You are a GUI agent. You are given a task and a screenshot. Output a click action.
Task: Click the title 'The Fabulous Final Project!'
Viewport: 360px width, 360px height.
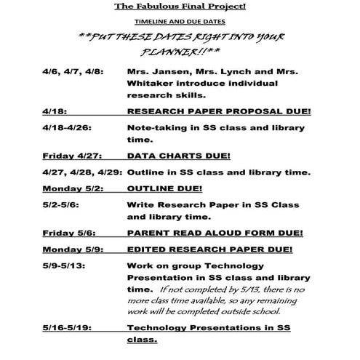click(180, 7)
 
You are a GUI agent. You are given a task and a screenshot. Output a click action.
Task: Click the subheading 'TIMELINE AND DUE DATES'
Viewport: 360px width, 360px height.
click(179, 22)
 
